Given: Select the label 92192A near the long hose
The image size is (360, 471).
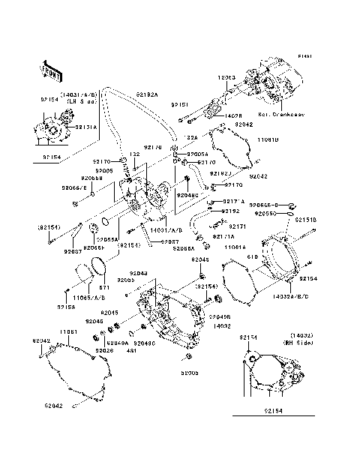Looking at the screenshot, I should (x=148, y=94).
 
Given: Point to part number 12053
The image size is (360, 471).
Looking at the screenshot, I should (x=227, y=77).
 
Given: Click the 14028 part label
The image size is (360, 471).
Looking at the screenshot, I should (x=233, y=116).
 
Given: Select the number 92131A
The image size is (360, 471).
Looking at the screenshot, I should (x=85, y=127).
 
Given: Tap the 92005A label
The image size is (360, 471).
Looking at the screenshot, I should (x=199, y=153).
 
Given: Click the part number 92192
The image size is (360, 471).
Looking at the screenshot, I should (x=230, y=211).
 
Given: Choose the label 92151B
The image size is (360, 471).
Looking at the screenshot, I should (x=305, y=220).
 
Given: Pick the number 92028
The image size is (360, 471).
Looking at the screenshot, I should (x=104, y=350).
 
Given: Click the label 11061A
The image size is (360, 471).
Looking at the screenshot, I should (x=235, y=247).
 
